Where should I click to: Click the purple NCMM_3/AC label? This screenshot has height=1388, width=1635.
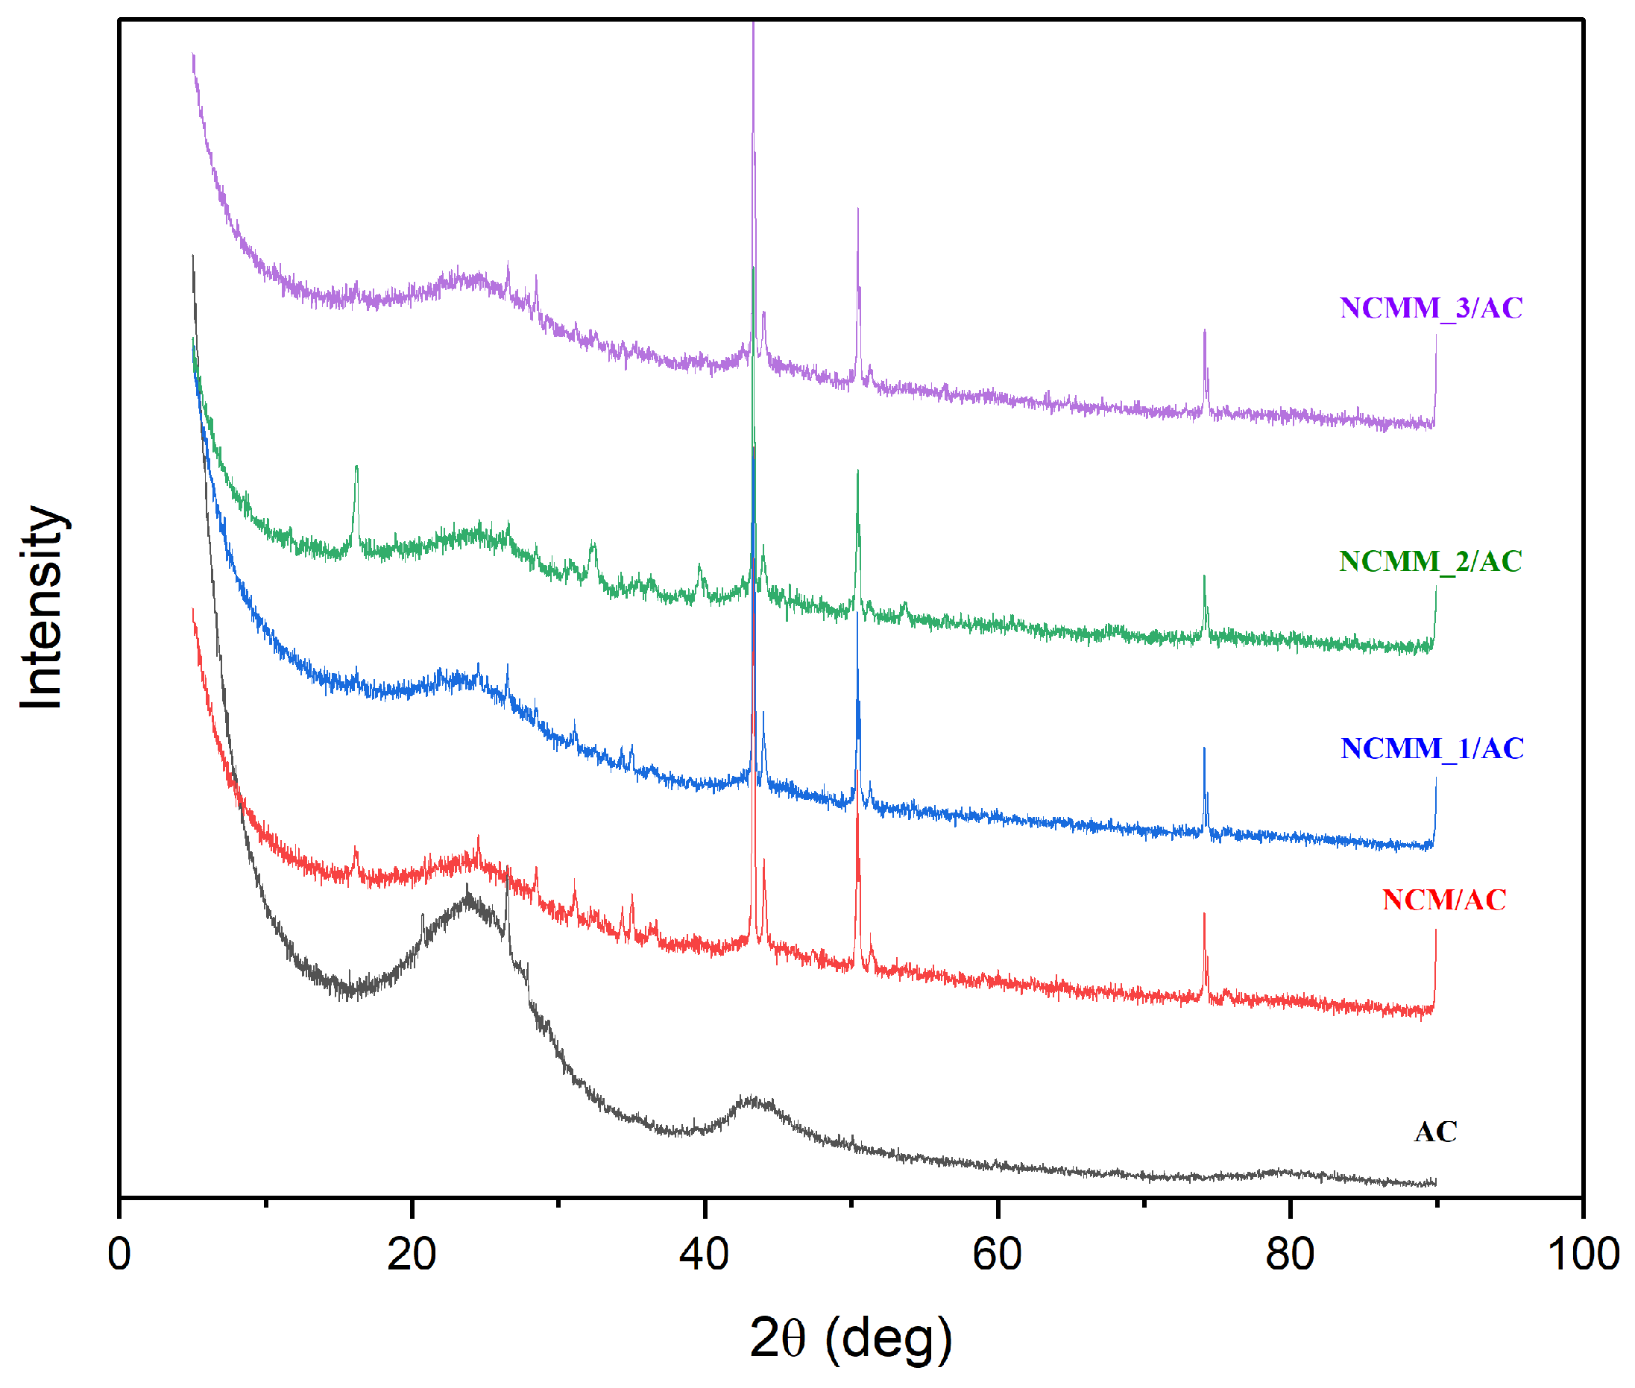tap(1431, 308)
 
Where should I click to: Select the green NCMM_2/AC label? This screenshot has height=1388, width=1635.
tap(1430, 561)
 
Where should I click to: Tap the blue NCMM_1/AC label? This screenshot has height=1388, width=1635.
tap(1431, 748)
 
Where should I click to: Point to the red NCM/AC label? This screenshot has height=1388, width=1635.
tap(1444, 899)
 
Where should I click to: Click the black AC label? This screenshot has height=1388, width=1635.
tap(1435, 1132)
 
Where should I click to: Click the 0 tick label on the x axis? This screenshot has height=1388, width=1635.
tap(119, 1255)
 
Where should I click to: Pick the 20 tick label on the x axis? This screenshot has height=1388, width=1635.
tap(412, 1255)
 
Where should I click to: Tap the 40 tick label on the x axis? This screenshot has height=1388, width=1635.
tap(705, 1255)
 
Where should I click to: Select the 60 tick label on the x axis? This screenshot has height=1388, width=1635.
tap(997, 1255)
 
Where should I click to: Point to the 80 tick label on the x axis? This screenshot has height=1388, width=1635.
tap(1290, 1255)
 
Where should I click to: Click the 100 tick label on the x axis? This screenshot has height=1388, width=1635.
tap(1582, 1255)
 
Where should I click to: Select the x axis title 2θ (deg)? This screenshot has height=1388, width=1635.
tap(851, 1337)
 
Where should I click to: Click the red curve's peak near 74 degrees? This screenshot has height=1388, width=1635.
tap(1204, 917)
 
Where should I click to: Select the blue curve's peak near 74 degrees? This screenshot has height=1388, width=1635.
tap(1204, 751)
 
